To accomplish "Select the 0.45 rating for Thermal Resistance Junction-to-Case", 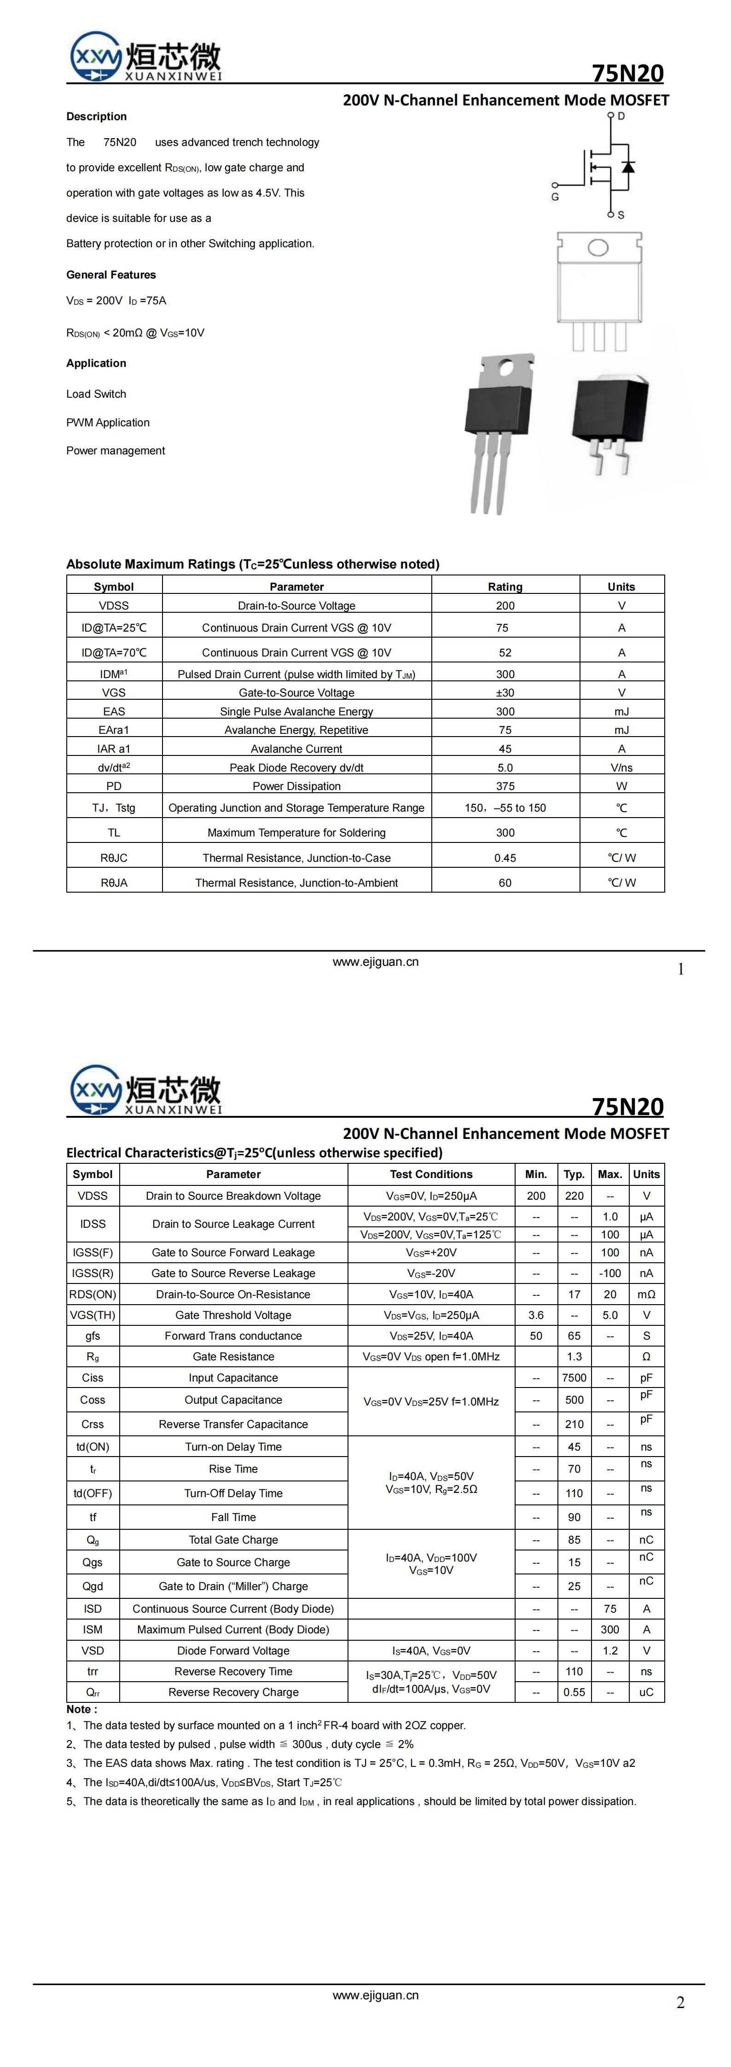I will (x=505, y=858).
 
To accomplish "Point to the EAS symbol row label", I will (x=114, y=711).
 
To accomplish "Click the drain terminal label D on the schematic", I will (x=621, y=116).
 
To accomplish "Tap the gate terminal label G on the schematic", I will (x=555, y=197).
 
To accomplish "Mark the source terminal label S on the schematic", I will (x=621, y=215).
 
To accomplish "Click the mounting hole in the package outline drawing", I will (x=598, y=247).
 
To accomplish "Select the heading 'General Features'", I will (x=111, y=274).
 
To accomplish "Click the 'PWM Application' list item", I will (x=108, y=422).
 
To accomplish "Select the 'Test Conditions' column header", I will (x=431, y=1174).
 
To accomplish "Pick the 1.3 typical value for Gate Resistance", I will (x=574, y=1356).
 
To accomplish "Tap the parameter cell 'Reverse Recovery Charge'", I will (x=233, y=1691).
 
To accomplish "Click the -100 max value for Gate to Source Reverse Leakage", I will (x=610, y=1272).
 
